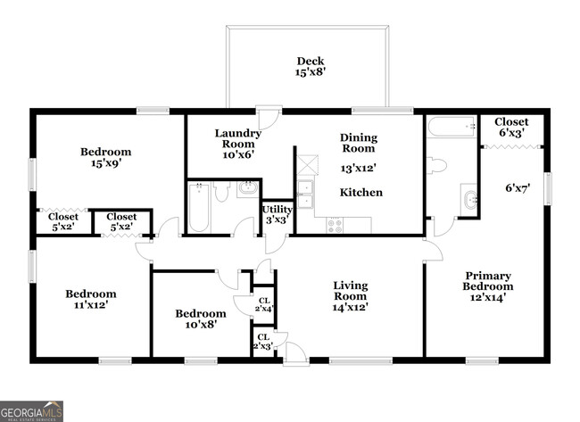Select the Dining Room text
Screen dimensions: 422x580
tap(359, 145)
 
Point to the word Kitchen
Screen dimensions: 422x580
tap(361, 193)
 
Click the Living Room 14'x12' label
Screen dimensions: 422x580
tap(350, 296)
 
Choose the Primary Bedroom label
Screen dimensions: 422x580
tap(487, 287)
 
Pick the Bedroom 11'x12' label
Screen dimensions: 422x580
tap(91, 300)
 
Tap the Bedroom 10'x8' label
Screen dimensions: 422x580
tap(200, 320)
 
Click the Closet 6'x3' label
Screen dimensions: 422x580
tap(510, 128)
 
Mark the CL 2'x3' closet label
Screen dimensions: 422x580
tap(262, 341)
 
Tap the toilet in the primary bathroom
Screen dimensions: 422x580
tap(437, 165)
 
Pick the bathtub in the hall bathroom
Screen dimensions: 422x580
tap(199, 207)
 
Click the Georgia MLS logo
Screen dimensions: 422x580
tap(32, 411)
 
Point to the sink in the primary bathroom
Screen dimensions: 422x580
tap(468, 198)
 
